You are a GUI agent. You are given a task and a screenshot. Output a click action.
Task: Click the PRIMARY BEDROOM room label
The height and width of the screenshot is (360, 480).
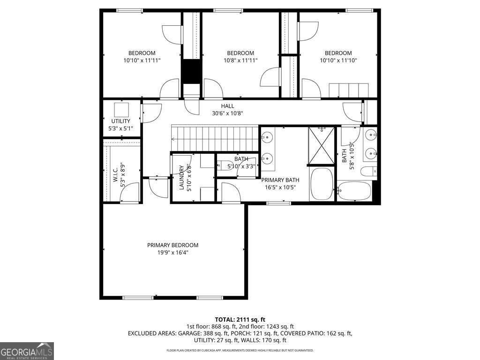(x=172, y=245)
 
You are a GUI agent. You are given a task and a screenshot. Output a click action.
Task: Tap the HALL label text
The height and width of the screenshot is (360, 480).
(x=228, y=106)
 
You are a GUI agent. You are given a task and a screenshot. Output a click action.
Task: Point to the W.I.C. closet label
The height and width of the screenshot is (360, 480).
(x=115, y=175)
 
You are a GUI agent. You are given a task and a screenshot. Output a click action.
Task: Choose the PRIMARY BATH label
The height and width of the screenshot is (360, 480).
(x=280, y=180)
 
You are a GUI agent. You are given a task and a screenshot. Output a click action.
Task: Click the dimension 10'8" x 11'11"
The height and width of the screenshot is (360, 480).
(x=240, y=60)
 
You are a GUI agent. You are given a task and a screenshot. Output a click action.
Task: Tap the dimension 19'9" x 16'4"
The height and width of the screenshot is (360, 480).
(x=172, y=252)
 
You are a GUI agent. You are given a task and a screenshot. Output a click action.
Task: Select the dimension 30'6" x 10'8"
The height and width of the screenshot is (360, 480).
(x=228, y=113)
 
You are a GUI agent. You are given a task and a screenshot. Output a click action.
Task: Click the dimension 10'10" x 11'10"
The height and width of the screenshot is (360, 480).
(x=338, y=60)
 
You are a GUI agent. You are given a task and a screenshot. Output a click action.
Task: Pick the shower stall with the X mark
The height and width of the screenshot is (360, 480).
(x=321, y=146)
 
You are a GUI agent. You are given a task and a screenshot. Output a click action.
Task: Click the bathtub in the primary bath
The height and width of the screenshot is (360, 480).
(x=322, y=184)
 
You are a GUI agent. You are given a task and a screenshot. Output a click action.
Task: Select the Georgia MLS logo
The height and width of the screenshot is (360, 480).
(x=27, y=351)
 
